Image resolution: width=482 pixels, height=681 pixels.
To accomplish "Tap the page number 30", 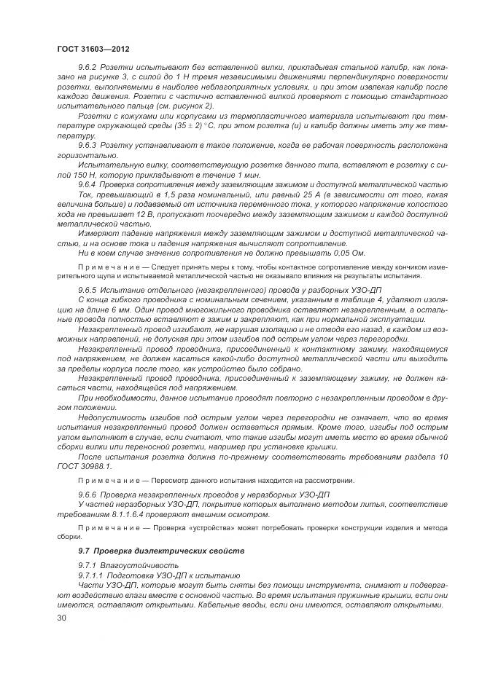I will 61,618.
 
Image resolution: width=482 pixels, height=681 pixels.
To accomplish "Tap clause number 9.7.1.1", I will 93,575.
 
